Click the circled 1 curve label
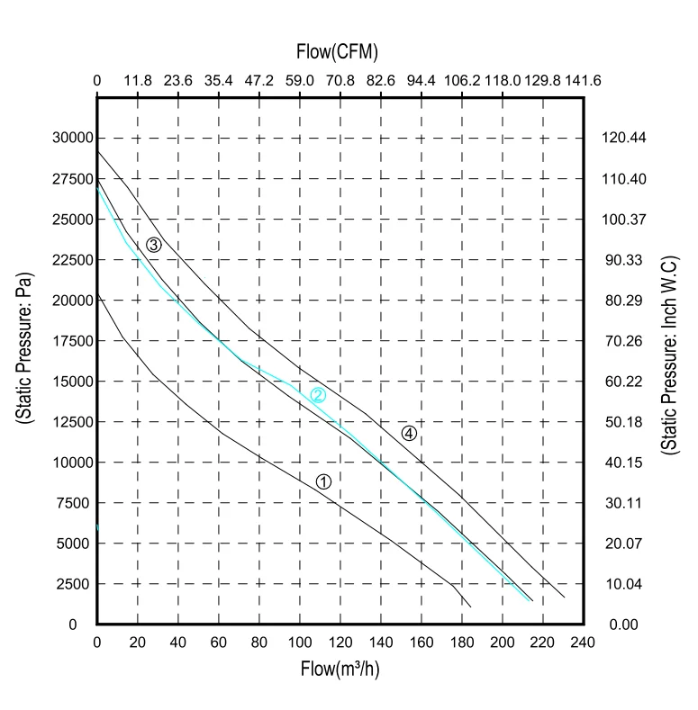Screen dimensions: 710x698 323,481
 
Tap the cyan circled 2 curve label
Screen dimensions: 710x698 317,394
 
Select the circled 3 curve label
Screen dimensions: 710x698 154,245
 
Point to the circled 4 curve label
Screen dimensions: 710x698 409,433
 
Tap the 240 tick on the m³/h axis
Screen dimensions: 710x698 584,643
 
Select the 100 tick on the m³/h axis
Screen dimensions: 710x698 300,643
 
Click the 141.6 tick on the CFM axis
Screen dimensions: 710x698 584,80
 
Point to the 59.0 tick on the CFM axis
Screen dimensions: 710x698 300,80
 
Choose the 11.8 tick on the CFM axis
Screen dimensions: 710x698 138,80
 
